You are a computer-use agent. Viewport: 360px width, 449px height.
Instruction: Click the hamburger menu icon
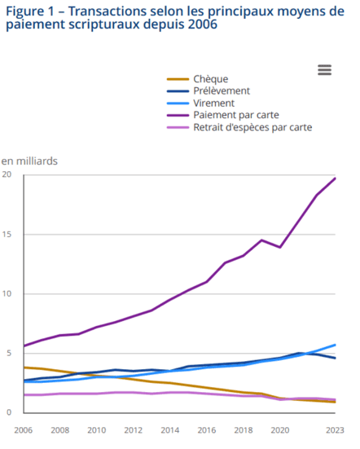[324, 69]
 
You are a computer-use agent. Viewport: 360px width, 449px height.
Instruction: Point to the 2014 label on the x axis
[169, 429]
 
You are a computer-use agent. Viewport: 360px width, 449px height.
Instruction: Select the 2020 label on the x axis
[279, 429]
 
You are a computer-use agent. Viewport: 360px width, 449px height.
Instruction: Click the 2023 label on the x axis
[334, 429]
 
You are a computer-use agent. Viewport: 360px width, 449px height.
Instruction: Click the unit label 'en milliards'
[29, 161]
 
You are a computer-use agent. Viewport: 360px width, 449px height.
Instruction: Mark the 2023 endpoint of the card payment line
[336, 178]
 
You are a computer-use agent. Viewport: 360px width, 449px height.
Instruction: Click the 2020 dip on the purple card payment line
[279, 247]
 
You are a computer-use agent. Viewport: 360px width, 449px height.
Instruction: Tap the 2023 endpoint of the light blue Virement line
[336, 345]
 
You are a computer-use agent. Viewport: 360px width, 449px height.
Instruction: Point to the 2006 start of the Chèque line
[24, 368]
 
